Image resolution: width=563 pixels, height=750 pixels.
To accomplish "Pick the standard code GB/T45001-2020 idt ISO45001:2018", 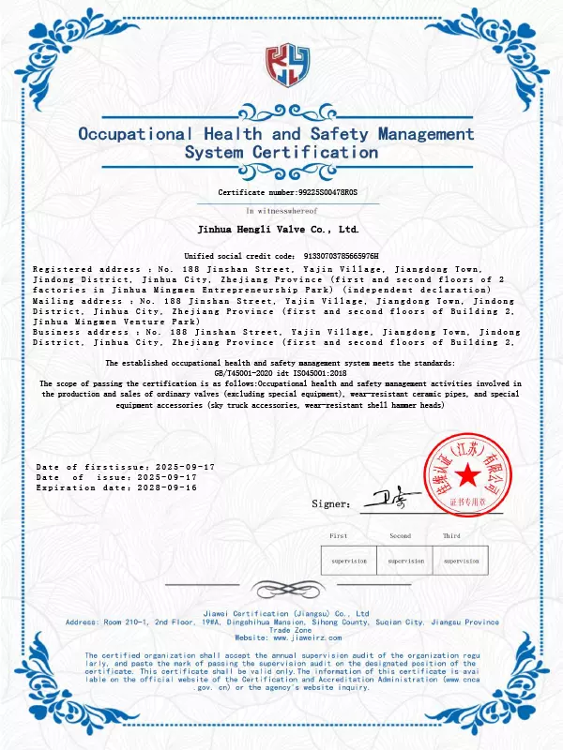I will coord(281,373).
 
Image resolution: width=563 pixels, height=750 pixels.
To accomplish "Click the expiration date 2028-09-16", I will coord(167,487).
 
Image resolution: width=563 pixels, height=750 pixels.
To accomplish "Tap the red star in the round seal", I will coord(467,478).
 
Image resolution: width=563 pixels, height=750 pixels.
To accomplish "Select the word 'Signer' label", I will coord(331,504).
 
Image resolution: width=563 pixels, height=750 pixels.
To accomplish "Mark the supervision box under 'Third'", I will coord(461,561).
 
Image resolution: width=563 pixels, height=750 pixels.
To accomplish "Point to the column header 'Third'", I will coord(451,535).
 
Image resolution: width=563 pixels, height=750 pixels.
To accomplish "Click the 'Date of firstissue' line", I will coord(125,467).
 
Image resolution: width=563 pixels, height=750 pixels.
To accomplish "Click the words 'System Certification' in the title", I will coord(281,152).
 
